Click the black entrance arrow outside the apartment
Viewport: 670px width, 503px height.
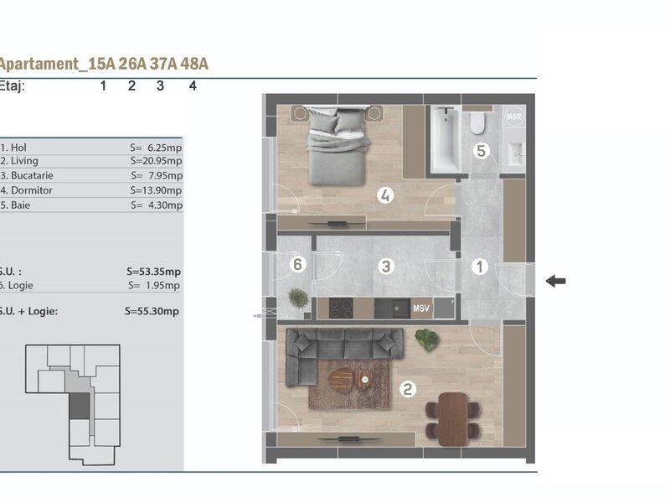click(555, 281)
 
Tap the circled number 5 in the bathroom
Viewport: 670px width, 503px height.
click(481, 151)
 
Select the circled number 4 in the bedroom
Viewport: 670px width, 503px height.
click(385, 195)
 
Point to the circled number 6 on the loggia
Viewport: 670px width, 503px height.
click(298, 264)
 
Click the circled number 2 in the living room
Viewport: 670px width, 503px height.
click(408, 389)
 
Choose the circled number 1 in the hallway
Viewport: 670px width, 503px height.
click(479, 267)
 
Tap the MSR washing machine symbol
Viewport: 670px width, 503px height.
click(513, 117)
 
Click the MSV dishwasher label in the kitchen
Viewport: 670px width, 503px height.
click(421, 308)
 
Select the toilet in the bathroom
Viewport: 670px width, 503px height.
click(477, 122)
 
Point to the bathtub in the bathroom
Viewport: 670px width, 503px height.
click(446, 139)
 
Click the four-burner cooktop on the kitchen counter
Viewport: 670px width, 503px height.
click(341, 308)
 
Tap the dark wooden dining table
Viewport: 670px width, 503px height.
click(453, 419)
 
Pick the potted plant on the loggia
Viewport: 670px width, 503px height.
click(298, 298)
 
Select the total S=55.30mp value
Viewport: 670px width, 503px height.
click(152, 311)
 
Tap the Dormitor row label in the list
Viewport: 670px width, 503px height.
click(32, 190)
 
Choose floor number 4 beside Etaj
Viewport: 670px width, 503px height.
click(193, 86)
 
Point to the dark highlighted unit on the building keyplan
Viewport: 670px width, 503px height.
click(80, 406)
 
